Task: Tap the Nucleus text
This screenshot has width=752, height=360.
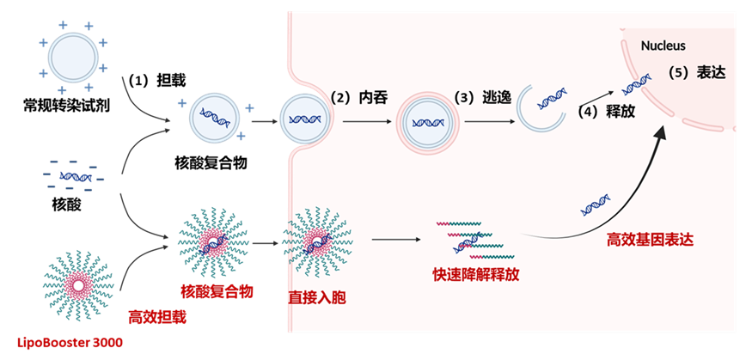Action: click(663, 46)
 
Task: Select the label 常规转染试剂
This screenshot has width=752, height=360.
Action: click(67, 104)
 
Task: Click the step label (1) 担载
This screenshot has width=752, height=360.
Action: click(156, 81)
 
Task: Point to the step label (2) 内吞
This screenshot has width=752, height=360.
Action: click(358, 98)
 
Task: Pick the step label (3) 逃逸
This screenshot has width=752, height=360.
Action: click(482, 98)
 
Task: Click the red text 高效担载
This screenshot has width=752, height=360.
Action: click(156, 317)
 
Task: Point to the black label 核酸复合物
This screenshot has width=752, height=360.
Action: click(211, 163)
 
